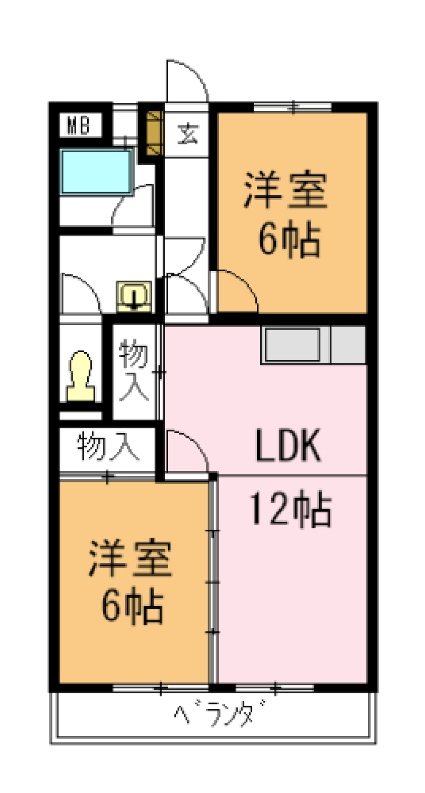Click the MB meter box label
(x=78, y=125)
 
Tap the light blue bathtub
(x=97, y=172)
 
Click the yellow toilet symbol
(x=81, y=377)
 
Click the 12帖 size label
(x=291, y=509)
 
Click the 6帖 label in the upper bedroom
(x=289, y=240)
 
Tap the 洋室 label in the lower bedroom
(x=130, y=558)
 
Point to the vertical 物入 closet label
(x=134, y=370)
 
